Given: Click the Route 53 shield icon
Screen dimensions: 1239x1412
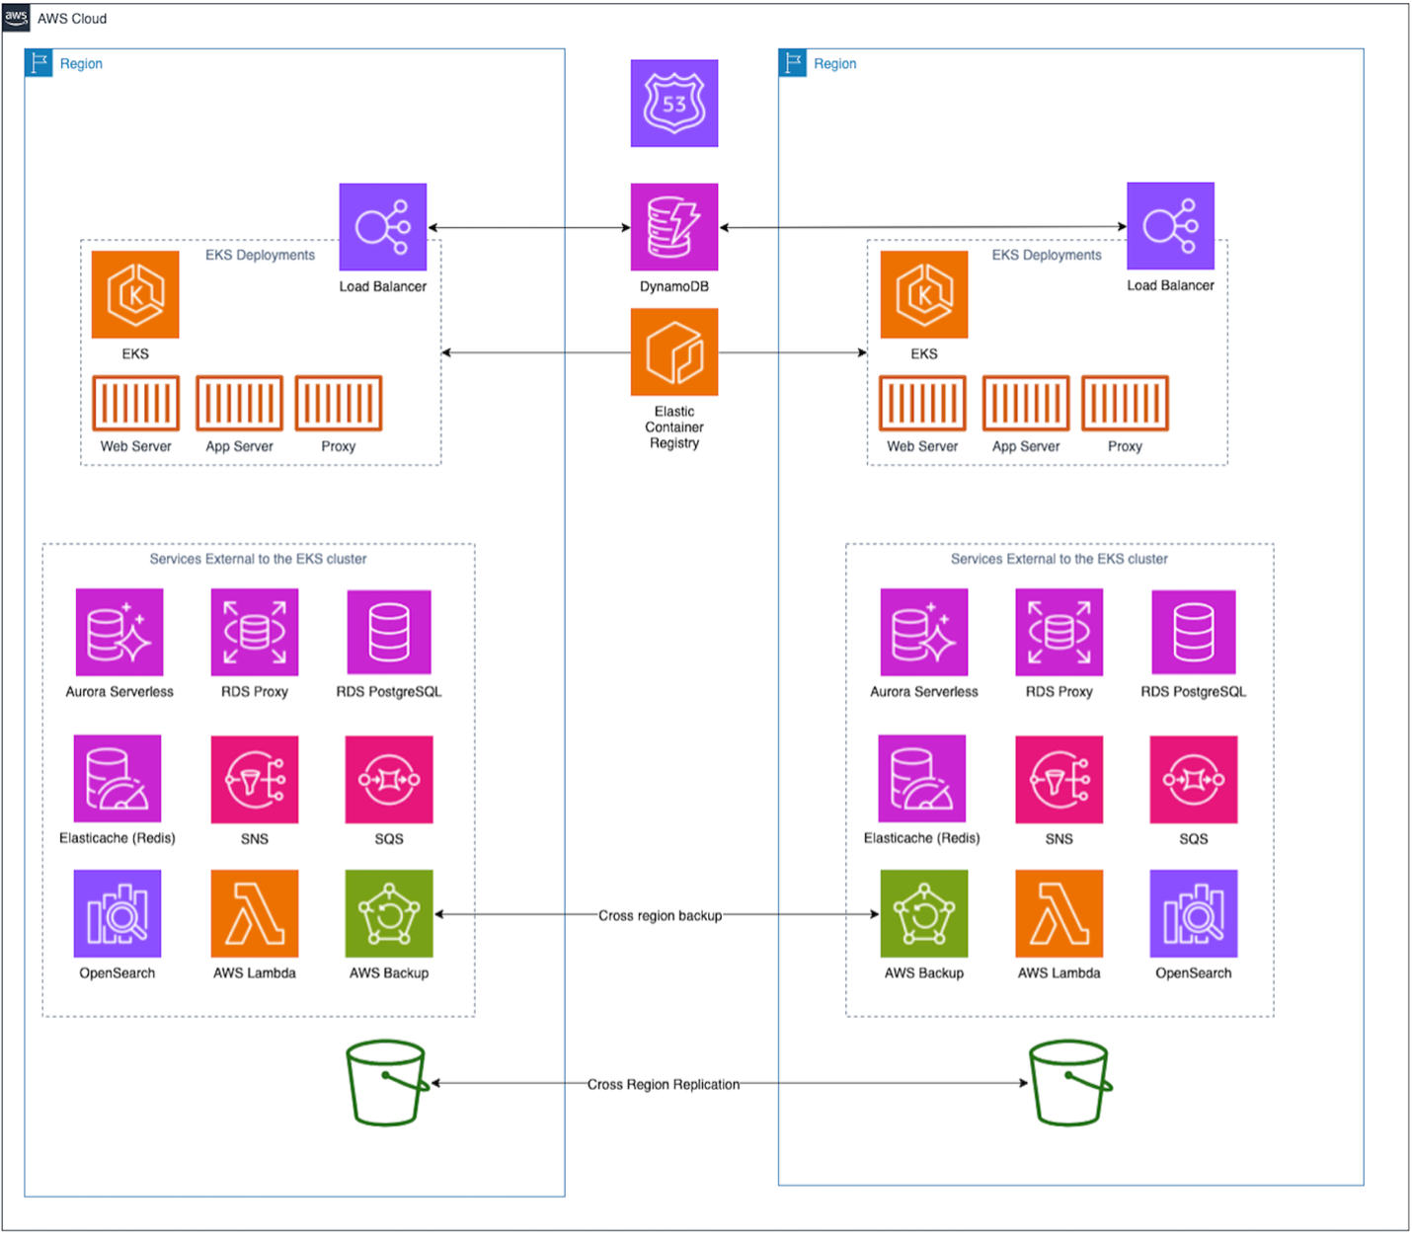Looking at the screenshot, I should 674,104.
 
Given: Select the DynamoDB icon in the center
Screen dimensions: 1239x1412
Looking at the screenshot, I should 674,227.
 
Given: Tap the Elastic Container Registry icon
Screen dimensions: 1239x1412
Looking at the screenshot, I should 674,351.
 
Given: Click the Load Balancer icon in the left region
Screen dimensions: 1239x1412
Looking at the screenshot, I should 383,227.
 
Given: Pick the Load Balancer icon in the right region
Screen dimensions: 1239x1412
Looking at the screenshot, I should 1170,226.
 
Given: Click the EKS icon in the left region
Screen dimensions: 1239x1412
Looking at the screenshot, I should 135,294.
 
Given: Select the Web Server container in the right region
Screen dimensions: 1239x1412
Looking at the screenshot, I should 922,403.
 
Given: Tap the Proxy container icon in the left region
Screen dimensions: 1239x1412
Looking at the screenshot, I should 339,403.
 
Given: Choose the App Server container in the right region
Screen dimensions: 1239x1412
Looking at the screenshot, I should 1026,403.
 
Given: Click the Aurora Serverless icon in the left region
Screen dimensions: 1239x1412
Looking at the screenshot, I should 119,633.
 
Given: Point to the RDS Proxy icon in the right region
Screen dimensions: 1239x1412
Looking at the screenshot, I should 1059,633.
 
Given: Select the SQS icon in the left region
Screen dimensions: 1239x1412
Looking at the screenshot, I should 389,780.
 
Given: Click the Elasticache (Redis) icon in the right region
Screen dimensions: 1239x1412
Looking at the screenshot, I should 922,779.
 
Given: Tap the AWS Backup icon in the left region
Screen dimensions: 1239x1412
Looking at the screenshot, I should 389,914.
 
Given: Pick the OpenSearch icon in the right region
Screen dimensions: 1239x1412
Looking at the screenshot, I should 1193,914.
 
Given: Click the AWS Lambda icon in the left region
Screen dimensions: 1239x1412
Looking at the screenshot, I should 255,914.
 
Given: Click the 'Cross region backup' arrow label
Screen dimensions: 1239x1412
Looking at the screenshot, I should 660,915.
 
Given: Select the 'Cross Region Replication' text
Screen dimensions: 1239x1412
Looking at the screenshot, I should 664,1084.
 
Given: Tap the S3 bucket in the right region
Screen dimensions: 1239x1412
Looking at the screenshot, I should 1069,1083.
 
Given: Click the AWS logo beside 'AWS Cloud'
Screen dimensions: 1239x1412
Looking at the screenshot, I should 16,18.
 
